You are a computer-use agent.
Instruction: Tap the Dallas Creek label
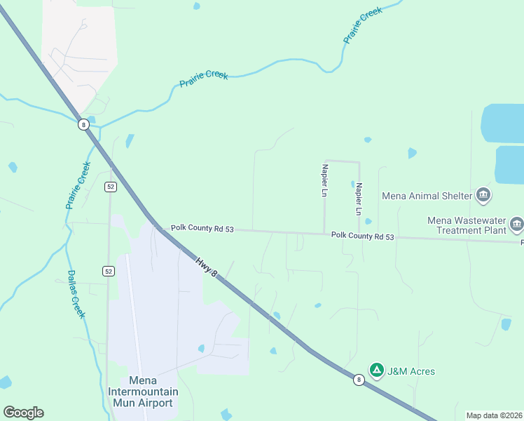(x=76, y=294)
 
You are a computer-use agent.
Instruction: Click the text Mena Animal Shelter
(x=427, y=196)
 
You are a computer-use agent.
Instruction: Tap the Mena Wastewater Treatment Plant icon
(x=517, y=225)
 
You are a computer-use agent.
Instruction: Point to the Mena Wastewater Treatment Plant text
(x=467, y=225)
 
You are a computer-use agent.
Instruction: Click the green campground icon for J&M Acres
(x=377, y=370)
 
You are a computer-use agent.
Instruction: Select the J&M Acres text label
(x=411, y=371)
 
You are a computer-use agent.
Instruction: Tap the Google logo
(x=23, y=413)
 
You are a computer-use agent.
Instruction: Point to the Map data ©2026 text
(x=494, y=415)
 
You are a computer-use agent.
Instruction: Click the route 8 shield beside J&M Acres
(x=359, y=380)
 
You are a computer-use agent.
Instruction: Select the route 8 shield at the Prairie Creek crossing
(x=84, y=124)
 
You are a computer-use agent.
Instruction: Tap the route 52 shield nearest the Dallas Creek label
(x=108, y=271)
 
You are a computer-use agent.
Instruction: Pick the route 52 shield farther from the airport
(x=110, y=186)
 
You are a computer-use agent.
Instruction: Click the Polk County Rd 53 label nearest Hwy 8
(x=202, y=229)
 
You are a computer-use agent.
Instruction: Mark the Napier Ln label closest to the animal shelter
(x=359, y=199)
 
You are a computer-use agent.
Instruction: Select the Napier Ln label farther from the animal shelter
(x=324, y=180)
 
